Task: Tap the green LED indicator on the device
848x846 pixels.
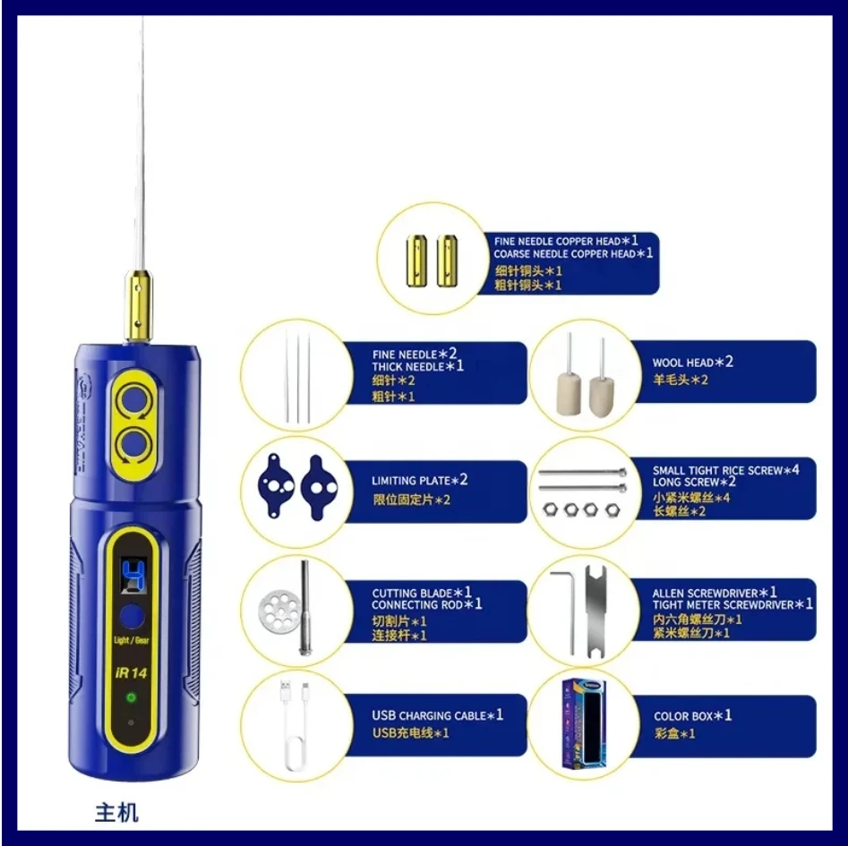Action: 131,697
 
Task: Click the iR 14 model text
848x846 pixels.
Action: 131,673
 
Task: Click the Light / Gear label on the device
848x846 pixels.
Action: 132,640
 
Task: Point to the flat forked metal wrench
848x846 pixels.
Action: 596,612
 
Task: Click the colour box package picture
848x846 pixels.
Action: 584,724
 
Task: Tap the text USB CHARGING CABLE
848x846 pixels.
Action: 429,715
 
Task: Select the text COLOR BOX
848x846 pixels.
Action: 683,716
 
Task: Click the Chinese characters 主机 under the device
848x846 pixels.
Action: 116,813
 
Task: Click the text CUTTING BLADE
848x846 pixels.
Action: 412,593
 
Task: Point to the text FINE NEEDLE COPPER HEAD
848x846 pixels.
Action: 557,241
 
